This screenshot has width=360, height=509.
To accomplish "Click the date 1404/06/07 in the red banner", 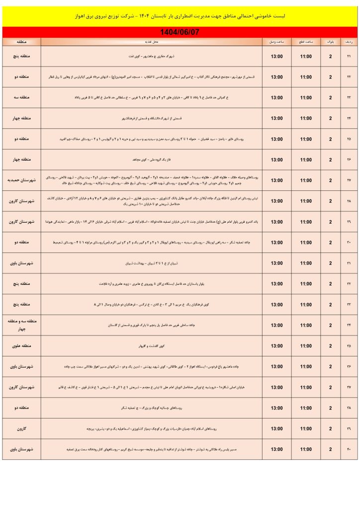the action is coord(180,32).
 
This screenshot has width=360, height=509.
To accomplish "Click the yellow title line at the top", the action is coord(180,16).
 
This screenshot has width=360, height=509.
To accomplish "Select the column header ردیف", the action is coord(349,42).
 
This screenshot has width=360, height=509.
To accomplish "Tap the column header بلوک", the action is coord(330,42).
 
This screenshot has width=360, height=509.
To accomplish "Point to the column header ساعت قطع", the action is coord(306,42).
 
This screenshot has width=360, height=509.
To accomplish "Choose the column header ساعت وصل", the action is coord(276,42).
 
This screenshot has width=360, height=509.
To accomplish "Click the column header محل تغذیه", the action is coord(152,42).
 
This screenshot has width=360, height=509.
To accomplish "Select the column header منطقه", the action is coord(21,42).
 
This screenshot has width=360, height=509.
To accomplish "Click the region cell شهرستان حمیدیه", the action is coord(21,180).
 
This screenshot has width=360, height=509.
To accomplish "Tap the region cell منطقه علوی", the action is coord(21,346).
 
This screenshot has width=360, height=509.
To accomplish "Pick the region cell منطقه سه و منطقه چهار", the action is coord(21,325).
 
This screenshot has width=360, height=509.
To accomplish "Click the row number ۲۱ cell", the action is coord(349,56).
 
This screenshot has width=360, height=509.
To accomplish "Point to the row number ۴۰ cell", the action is coord(349,449).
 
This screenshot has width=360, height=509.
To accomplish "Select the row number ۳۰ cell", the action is coord(349,243).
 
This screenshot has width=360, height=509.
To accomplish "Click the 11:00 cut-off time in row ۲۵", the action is coord(306,139).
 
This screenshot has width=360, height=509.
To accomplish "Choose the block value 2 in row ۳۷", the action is coord(330,387).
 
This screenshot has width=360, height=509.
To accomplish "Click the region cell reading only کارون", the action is coord(21,428).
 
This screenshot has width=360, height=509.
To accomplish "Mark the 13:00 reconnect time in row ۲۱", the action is coord(276,56).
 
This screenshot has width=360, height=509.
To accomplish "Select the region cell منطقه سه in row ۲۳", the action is coord(21,97).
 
